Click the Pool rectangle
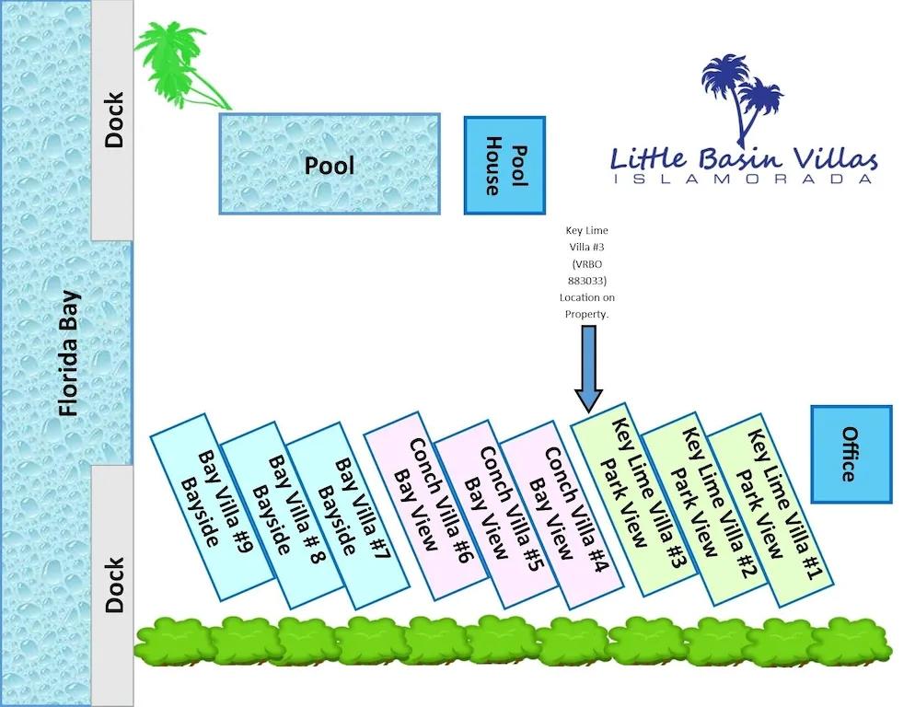tap(330, 164)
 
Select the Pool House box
tap(504, 166)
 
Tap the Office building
tap(851, 454)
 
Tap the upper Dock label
tap(113, 120)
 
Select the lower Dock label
tap(113, 585)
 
